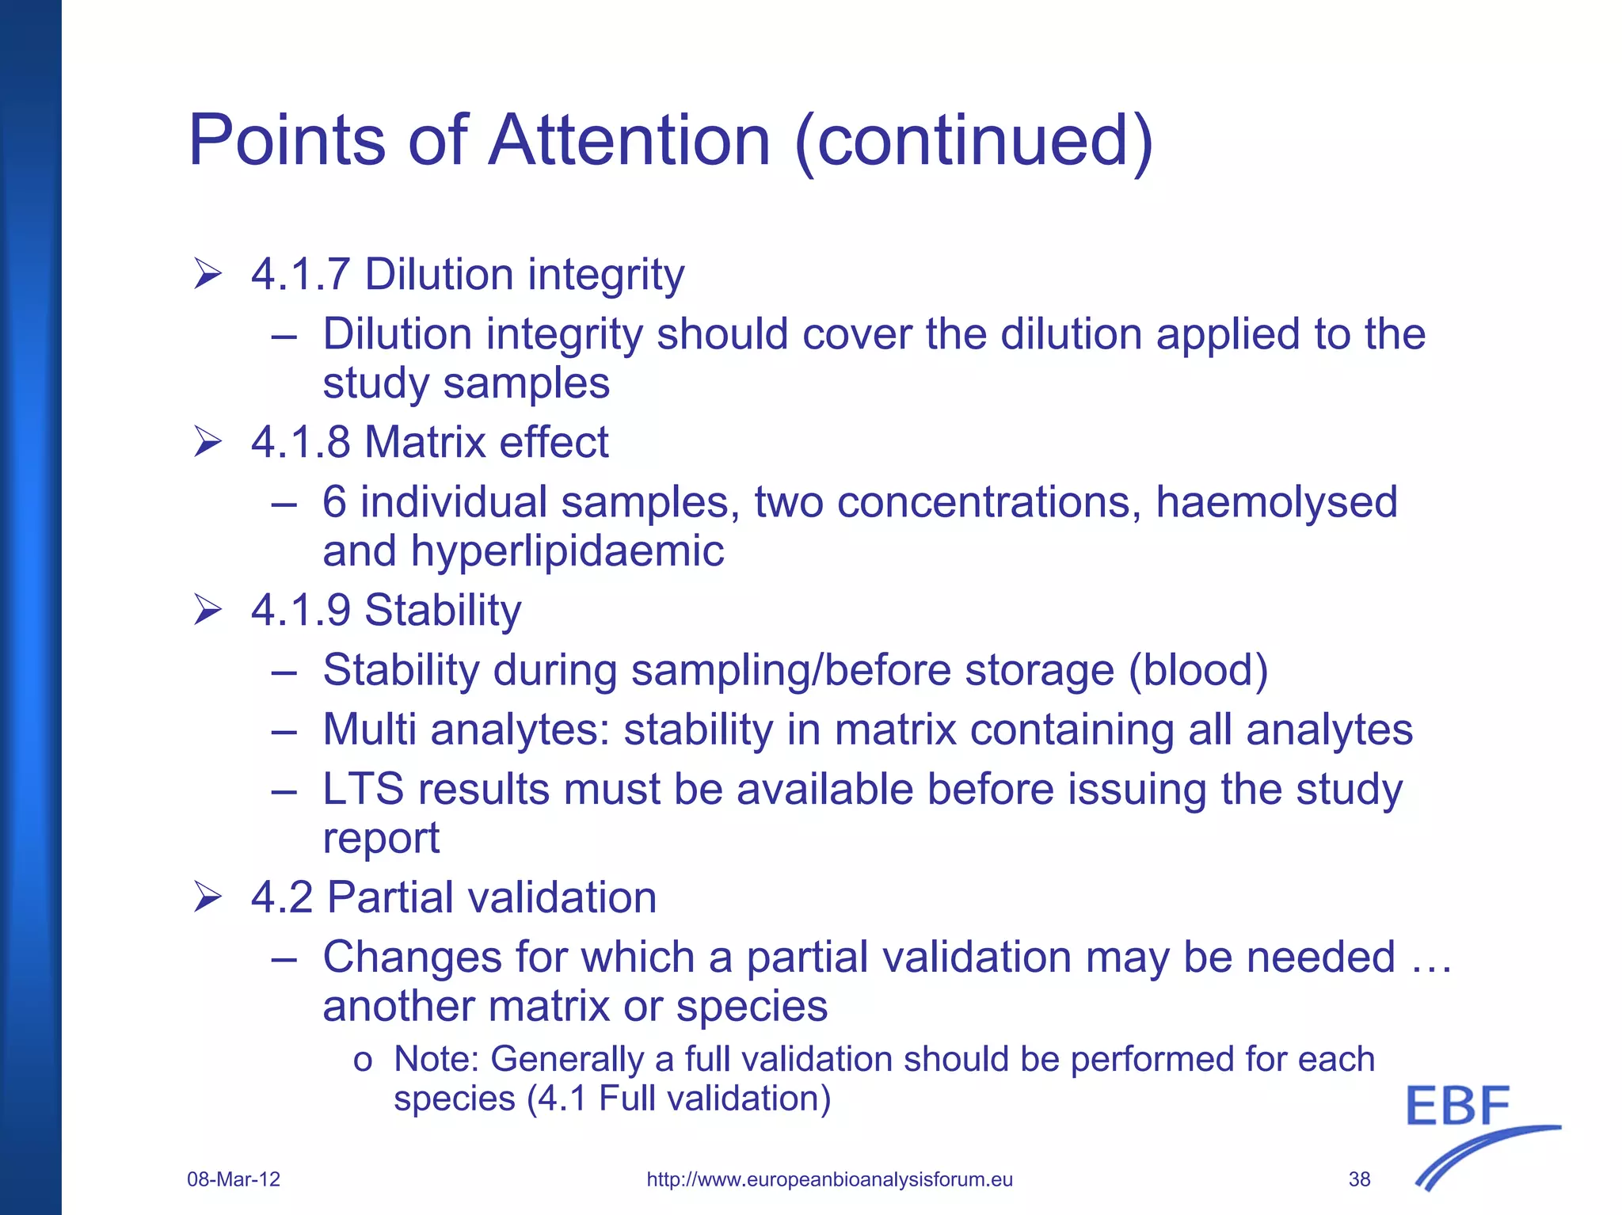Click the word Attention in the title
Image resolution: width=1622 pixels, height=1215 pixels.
[630, 140]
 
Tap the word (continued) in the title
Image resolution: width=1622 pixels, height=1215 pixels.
[973, 140]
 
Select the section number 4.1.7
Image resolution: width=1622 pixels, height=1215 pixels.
[300, 275]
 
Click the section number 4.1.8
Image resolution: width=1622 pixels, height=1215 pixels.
[300, 442]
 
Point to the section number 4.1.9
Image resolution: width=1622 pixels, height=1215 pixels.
[300, 611]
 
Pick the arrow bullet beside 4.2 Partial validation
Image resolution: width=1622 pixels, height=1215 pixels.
[208, 897]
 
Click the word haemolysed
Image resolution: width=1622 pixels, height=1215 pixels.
[1276, 502]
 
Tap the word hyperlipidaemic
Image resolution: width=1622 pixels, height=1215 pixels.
[566, 551]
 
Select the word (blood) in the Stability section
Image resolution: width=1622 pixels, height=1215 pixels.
[1197, 670]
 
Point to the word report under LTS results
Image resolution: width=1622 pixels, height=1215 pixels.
[381, 839]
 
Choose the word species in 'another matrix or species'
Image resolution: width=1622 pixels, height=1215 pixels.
[752, 1007]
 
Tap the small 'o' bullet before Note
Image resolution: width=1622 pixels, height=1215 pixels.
[363, 1061]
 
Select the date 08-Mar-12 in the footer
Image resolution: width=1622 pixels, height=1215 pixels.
[234, 1179]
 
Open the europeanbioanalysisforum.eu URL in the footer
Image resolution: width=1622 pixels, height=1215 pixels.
[829, 1179]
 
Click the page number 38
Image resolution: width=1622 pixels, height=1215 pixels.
[1359, 1179]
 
